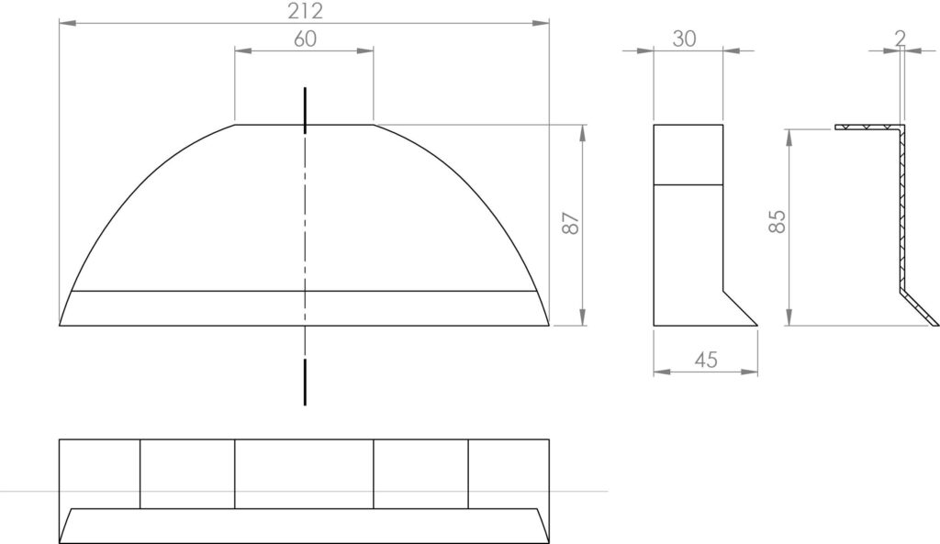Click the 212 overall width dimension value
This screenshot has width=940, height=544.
[x=305, y=11]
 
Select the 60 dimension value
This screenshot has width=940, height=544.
[x=305, y=39]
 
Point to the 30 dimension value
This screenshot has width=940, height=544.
[x=684, y=39]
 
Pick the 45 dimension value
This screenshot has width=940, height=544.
[x=706, y=360]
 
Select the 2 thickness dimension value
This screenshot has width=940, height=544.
[x=900, y=39]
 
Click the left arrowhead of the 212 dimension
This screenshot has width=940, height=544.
[x=67, y=23]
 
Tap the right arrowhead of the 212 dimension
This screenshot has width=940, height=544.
[x=541, y=23]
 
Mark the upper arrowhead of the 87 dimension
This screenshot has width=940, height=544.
[x=583, y=133]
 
